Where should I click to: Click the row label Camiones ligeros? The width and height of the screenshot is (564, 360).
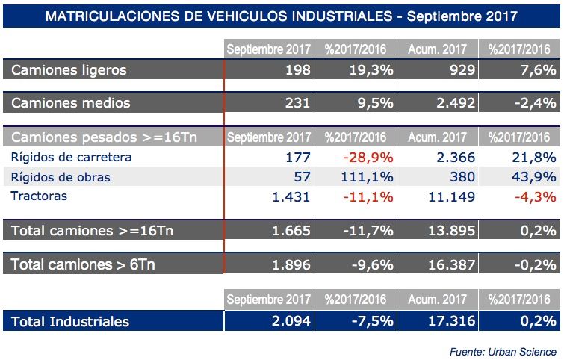pos(69,70)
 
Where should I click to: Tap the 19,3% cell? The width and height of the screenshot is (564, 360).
pos(371,70)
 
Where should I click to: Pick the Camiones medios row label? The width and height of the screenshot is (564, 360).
pos(71,103)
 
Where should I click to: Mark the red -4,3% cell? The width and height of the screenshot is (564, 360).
pos(536,196)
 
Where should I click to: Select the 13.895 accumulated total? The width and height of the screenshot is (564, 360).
pos(450,231)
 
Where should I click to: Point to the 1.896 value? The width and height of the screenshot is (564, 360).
pos(291,264)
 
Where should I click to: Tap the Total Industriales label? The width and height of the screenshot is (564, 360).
pos(70,322)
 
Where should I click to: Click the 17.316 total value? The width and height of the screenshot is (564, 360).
pos(450,322)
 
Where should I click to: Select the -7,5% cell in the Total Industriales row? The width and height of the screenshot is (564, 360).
pos(371,322)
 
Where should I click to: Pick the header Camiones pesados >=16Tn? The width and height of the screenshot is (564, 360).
pos(102,137)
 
